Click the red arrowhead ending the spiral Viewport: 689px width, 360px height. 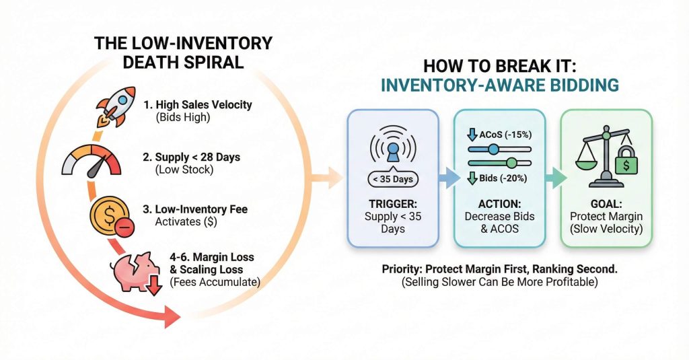point(173,316)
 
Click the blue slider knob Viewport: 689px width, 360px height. point(493,149)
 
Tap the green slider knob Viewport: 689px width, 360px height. point(511,163)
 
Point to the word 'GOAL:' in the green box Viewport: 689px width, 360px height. point(606,203)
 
